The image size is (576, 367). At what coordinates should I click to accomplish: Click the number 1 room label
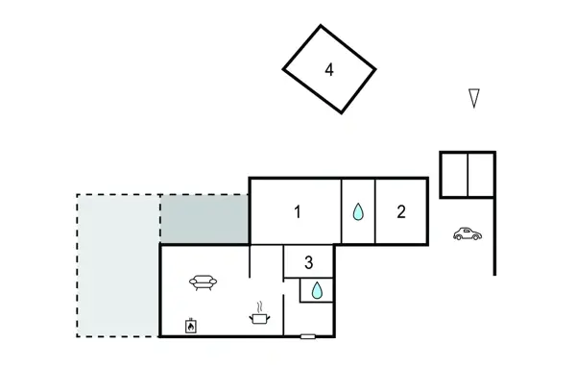(298, 212)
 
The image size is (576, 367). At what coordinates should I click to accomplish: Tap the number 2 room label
(401, 212)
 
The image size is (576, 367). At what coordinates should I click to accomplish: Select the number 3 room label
(308, 261)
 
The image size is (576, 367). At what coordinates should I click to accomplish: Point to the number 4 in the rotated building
(329, 69)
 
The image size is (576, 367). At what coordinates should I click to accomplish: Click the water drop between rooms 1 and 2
(358, 211)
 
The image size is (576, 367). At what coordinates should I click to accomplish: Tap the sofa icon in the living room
(204, 281)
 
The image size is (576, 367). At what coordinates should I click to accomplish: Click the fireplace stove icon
(191, 325)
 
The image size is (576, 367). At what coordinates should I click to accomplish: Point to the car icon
(467, 234)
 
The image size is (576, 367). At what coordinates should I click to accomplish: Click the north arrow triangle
(473, 97)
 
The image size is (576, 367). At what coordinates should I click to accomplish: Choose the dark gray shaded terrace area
(204, 218)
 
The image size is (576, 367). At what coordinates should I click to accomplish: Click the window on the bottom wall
(307, 336)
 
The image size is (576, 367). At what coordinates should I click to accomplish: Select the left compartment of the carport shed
(453, 174)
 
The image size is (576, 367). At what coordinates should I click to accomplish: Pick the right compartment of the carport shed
(481, 174)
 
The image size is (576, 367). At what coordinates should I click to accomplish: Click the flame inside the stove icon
(191, 328)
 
